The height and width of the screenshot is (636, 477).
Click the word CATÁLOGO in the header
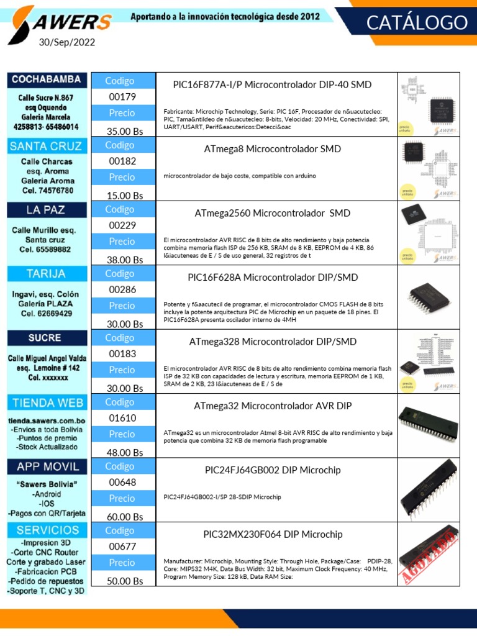[x=416, y=23]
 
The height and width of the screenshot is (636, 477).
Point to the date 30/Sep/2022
[x=67, y=43]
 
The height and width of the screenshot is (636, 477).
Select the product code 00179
[x=122, y=97]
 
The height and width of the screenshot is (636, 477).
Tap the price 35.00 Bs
[x=125, y=131]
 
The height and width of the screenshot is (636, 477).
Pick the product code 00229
[x=122, y=225]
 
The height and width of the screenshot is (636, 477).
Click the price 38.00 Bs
[x=125, y=260]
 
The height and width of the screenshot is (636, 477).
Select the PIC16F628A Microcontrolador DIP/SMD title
[x=273, y=277]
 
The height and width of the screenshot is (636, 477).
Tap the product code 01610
[x=122, y=418]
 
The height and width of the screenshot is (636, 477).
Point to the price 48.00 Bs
[x=125, y=452]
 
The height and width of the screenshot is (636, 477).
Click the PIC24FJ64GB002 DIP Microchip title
[x=273, y=470]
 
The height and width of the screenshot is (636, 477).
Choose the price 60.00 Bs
[x=125, y=517]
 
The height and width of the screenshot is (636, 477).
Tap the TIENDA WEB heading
[x=46, y=402]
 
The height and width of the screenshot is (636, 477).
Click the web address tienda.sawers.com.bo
[x=46, y=422]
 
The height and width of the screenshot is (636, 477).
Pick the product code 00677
[x=122, y=547]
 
